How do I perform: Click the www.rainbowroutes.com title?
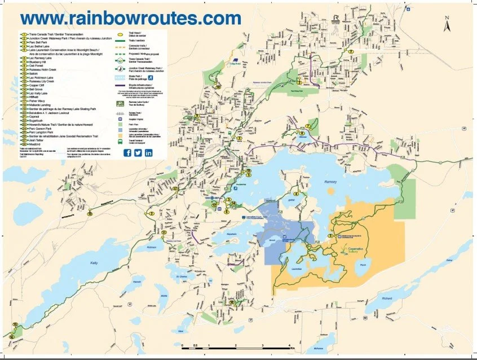click(x=130, y=18)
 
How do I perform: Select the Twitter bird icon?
click(x=138, y=153)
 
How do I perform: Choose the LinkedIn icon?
click(x=149, y=153)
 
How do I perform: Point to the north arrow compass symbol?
click(x=446, y=25)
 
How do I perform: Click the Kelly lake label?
click(x=94, y=263)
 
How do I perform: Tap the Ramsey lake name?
click(x=331, y=182)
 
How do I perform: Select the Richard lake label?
click(x=386, y=298)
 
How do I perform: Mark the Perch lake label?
click(x=364, y=265)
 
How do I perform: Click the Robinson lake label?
click(x=151, y=248)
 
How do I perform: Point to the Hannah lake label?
click(x=136, y=282)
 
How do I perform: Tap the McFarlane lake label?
click(x=319, y=348)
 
